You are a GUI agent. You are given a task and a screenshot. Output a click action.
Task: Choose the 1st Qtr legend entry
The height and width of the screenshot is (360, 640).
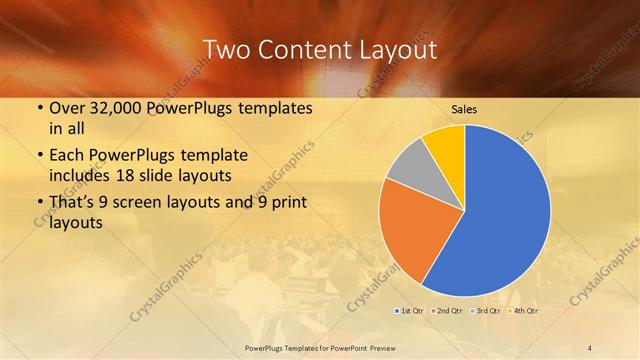410,311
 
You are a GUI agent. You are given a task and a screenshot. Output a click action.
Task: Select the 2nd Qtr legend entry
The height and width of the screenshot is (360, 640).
447,311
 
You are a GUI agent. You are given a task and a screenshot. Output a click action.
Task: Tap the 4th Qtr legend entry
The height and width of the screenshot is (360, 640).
523,311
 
